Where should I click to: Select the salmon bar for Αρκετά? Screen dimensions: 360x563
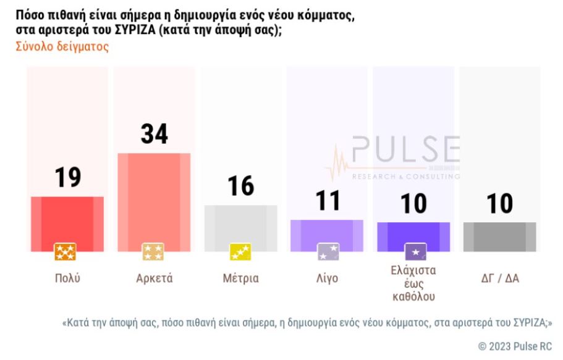[x=154, y=201]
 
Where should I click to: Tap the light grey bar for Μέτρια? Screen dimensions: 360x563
[x=240, y=227]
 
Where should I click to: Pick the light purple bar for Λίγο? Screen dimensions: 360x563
[x=327, y=235]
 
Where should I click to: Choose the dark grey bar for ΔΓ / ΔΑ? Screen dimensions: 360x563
[x=499, y=236]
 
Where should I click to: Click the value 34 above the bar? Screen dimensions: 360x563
[x=154, y=134]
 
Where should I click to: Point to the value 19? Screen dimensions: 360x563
[x=67, y=178]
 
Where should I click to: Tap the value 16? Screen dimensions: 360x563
[x=240, y=186]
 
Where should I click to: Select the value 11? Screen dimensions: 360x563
[x=327, y=201]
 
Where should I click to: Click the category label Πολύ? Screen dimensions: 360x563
[x=67, y=278]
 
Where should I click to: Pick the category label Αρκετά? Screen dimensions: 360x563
[x=154, y=278]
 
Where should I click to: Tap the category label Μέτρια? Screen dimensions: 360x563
[x=240, y=278]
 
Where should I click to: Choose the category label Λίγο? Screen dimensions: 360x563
[x=327, y=278]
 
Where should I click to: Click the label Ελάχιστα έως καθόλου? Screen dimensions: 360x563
[x=413, y=283]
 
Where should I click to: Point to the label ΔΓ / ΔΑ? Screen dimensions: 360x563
[x=499, y=278]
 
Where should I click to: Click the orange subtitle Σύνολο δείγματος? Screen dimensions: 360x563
[x=62, y=47]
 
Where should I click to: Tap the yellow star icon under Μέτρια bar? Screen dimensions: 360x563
[x=240, y=252]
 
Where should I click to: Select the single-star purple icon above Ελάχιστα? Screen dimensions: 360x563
[x=415, y=252]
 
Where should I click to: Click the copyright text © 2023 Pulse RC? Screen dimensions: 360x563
[x=515, y=346]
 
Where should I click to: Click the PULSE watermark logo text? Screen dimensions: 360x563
[x=405, y=151]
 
